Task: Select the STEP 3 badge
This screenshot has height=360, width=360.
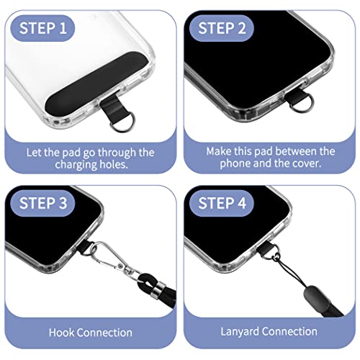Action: [45, 203]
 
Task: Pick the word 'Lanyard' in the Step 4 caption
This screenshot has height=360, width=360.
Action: [238, 331]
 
